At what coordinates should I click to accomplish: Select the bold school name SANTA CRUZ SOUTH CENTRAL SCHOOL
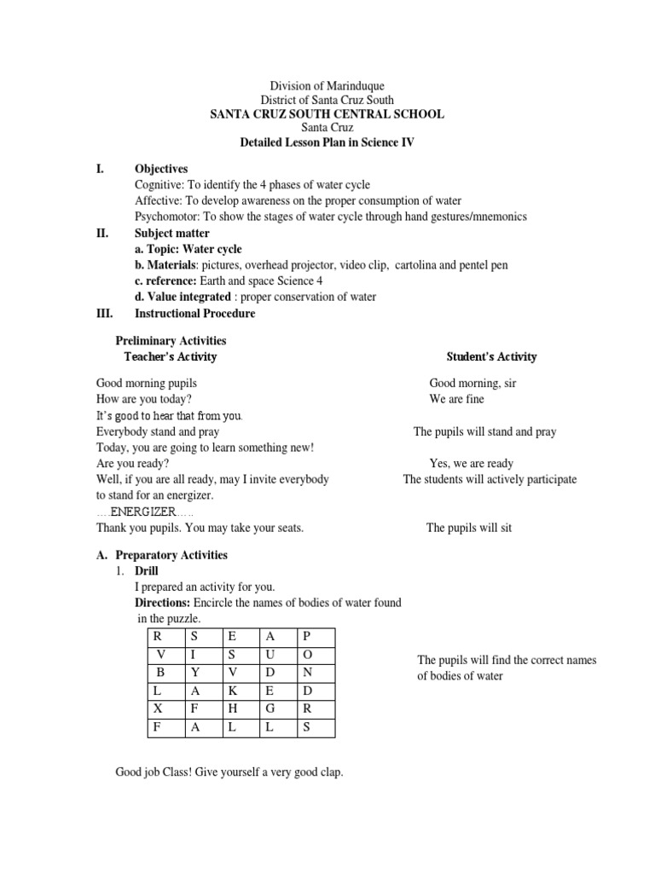coord(327,114)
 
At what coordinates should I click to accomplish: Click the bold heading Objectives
coord(161,169)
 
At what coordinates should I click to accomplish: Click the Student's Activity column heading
coord(492,356)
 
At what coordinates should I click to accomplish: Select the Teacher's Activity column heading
coord(171,356)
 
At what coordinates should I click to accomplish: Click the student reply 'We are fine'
coord(456,399)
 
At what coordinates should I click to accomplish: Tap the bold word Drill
coord(147,570)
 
